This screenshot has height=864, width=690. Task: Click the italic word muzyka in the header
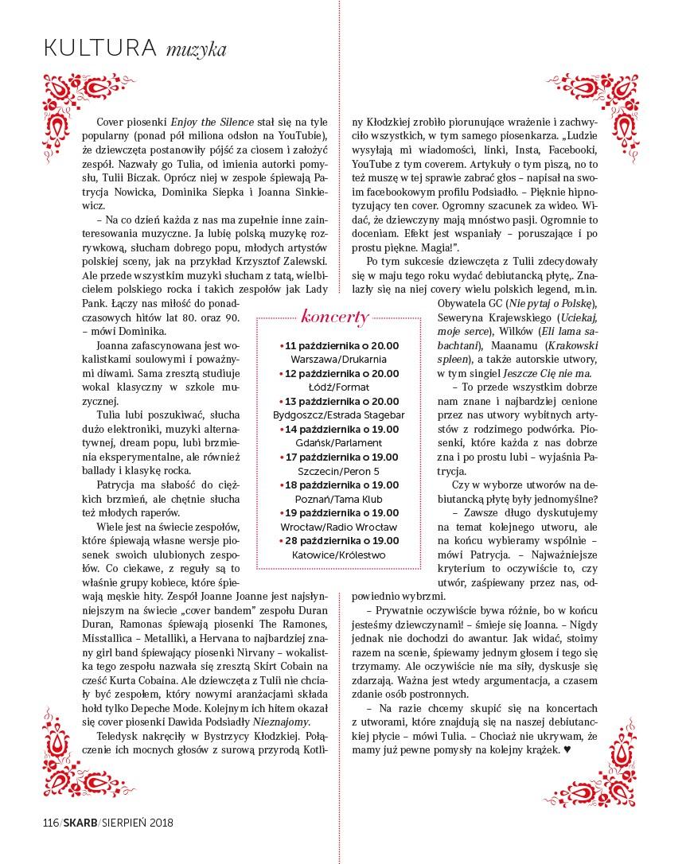pos(196,51)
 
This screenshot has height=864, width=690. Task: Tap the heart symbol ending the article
pos(567,750)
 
